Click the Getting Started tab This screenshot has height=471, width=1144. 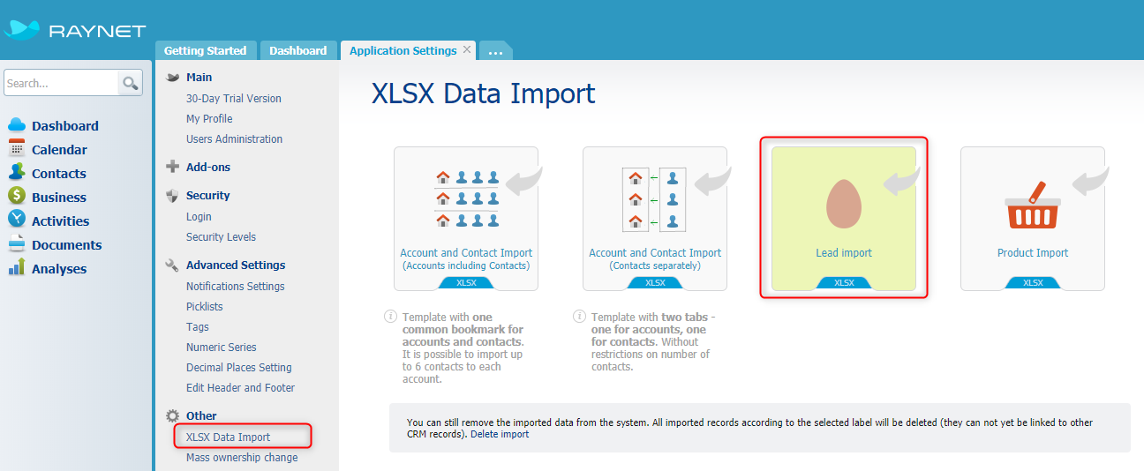[x=206, y=50]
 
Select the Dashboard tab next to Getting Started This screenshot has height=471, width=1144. [x=298, y=50]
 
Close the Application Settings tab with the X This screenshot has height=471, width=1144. [x=467, y=49]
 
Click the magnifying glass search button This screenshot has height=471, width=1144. [x=130, y=83]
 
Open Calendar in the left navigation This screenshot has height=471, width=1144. [x=59, y=150]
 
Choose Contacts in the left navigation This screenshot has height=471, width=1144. [x=59, y=174]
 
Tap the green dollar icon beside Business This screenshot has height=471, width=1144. [x=17, y=196]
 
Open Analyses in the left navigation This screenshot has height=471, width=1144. [x=59, y=269]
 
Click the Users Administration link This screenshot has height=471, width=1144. [x=234, y=138]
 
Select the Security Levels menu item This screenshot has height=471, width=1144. [x=221, y=236]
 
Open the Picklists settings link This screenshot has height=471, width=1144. [x=204, y=307]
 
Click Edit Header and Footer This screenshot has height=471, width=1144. [x=240, y=388]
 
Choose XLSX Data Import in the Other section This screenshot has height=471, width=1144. [x=228, y=437]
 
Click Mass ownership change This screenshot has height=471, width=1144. [x=242, y=457]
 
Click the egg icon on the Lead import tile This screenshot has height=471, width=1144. [x=844, y=204]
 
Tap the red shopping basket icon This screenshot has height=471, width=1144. [x=1033, y=206]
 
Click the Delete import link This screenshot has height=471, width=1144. [x=500, y=434]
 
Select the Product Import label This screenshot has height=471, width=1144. [x=1033, y=252]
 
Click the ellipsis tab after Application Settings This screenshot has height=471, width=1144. [x=495, y=51]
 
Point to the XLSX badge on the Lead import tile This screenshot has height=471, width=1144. [x=844, y=283]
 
